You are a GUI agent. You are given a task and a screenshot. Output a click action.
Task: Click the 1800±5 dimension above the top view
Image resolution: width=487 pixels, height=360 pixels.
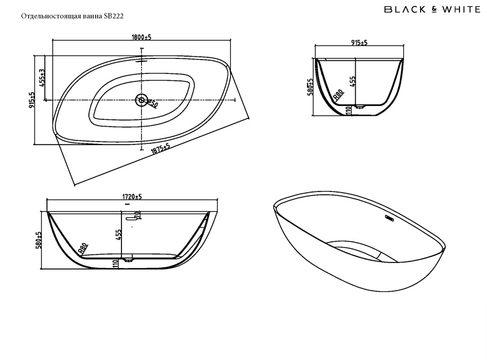point(141,37)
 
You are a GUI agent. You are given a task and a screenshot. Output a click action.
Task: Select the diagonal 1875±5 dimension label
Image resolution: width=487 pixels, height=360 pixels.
point(161,148)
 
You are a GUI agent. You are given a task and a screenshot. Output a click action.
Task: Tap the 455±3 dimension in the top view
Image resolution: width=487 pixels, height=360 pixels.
point(42,77)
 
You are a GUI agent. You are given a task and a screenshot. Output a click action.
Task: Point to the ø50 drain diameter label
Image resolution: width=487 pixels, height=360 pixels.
point(152,103)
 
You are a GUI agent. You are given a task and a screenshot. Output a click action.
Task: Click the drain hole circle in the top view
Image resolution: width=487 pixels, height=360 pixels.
point(141,100)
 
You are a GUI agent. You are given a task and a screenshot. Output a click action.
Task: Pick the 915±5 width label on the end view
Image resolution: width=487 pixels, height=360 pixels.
point(359,43)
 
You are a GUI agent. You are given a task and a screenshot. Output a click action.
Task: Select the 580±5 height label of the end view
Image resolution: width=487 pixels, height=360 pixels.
point(310,88)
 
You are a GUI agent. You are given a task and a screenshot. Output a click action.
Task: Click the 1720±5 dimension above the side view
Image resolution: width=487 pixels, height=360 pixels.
point(132,197)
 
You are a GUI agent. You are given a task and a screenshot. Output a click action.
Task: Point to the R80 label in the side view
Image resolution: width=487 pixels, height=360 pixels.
point(83,248)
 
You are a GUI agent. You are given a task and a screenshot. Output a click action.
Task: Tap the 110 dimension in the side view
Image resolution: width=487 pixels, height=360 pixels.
point(116,263)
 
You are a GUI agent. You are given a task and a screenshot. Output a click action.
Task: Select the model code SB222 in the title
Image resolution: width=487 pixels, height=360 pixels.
point(113,17)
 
